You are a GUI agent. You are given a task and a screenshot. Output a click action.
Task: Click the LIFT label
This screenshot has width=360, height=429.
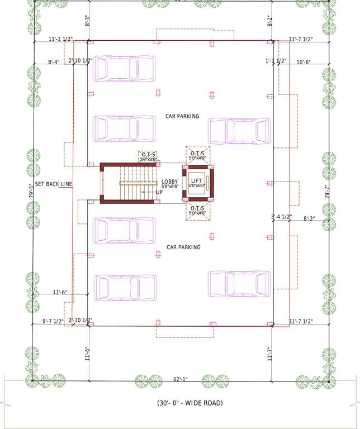(196, 180)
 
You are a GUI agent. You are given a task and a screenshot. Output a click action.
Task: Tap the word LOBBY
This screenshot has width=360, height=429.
(170, 182)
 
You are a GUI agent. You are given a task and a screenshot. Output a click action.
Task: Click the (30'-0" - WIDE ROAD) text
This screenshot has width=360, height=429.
(190, 403)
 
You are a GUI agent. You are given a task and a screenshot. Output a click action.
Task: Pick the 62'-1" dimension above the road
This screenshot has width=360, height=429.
(180, 379)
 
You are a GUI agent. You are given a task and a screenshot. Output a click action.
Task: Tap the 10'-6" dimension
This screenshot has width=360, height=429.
(305, 61)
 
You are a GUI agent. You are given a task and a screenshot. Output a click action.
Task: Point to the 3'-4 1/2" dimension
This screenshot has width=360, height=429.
(282, 217)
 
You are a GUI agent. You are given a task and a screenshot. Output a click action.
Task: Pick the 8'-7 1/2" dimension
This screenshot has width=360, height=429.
(54, 321)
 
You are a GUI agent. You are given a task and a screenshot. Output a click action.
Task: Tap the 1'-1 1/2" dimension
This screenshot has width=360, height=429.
(277, 61)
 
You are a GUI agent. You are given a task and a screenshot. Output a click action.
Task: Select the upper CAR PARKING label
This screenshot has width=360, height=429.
(182, 116)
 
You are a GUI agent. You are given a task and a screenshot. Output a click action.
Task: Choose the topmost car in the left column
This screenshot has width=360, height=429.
(124, 69)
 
